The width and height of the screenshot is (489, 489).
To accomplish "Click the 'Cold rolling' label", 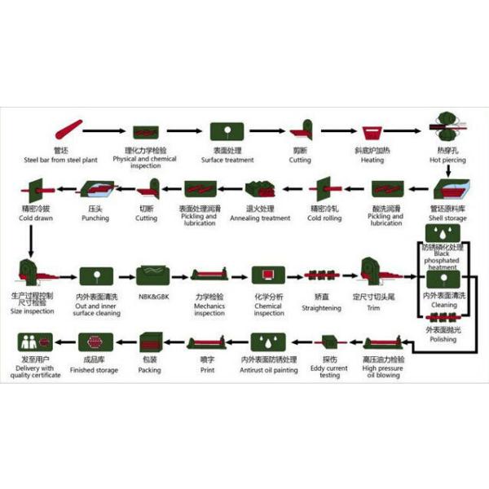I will coord(324,218).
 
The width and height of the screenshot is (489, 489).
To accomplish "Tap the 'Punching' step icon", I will coord(89,191).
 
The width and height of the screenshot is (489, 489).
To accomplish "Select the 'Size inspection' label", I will coord(33,311).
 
